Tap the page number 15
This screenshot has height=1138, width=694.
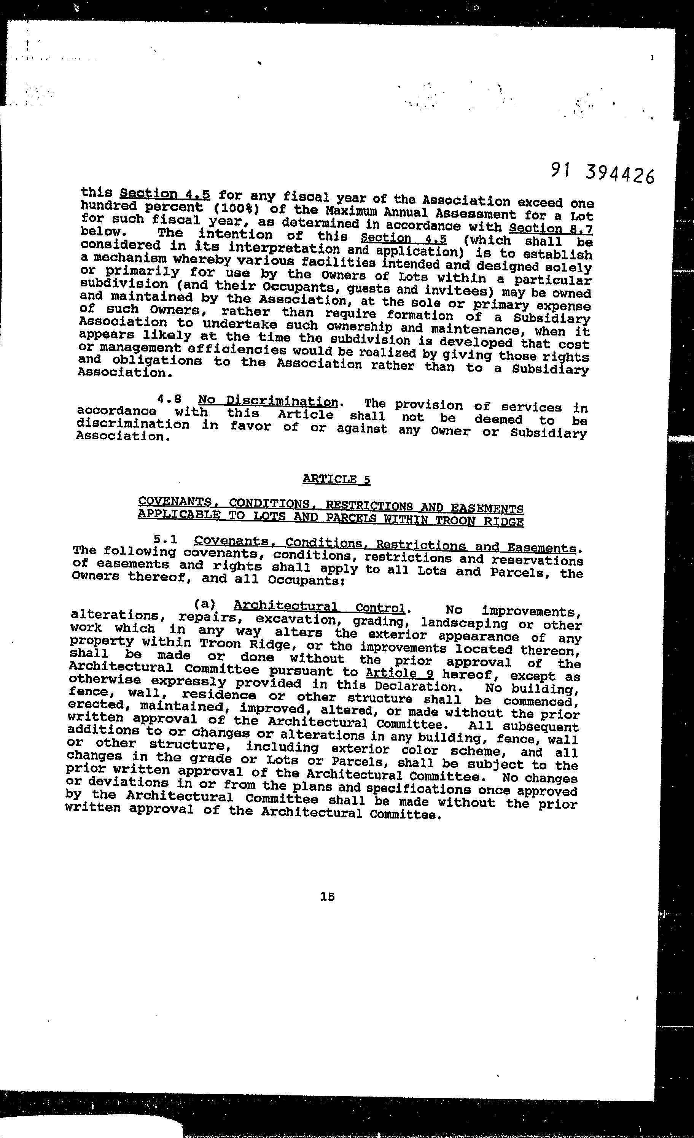coord(327,896)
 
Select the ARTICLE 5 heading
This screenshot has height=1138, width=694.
coord(336,479)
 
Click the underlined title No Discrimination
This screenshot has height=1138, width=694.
coord(268,401)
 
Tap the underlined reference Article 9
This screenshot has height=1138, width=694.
coord(399,673)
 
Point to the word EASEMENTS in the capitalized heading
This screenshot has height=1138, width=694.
coord(487,509)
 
